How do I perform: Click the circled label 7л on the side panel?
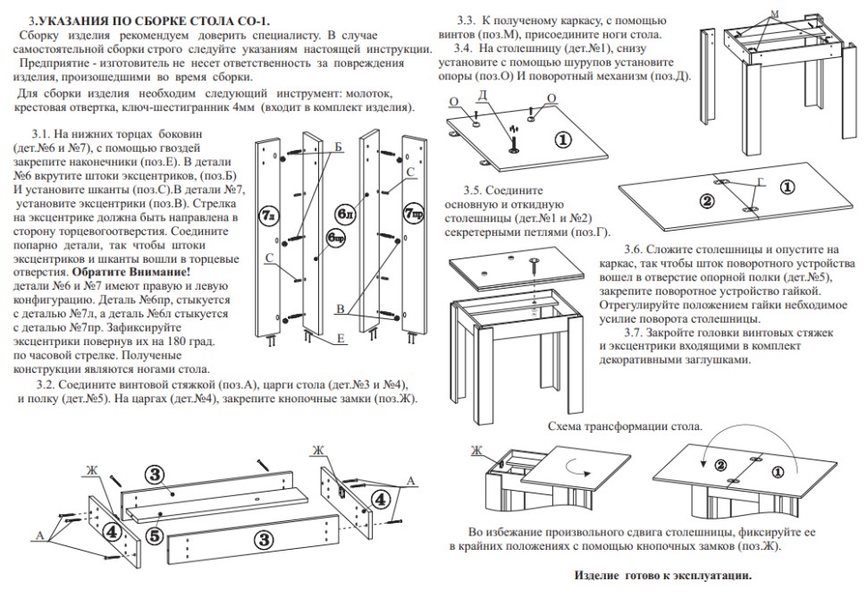267,215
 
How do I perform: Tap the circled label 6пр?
335,238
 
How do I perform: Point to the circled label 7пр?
413,214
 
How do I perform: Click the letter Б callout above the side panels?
339,146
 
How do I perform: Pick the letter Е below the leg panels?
341,341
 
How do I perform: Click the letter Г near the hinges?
761,181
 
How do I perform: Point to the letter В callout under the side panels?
340,308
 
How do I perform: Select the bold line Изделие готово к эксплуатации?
662,575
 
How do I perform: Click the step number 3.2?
46,384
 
